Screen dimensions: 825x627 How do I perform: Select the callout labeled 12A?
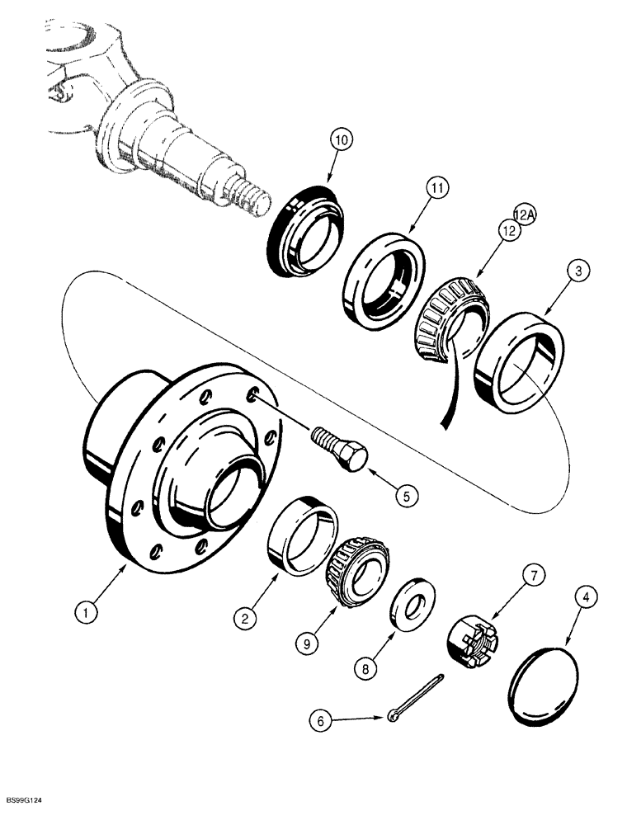coord(523,214)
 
